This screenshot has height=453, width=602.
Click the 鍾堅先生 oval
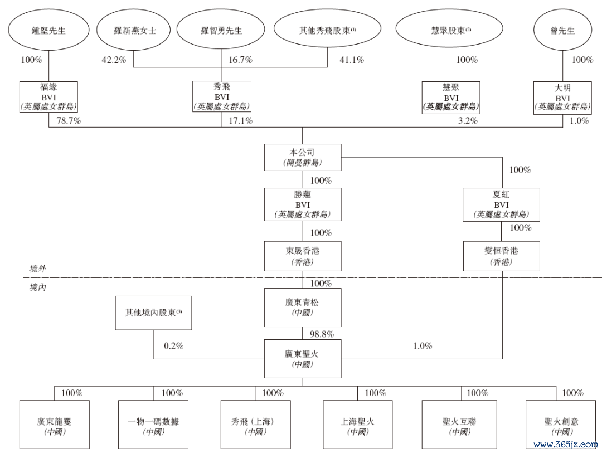coord(49,31)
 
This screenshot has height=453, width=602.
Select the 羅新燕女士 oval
coord(133,31)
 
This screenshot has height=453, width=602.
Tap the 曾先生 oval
coord(562,31)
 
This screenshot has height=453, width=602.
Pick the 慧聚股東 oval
coord(451,31)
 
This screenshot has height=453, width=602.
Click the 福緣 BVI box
coord(49,97)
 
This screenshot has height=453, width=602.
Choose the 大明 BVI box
coord(562,97)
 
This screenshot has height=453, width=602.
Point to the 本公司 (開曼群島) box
coord(302,158)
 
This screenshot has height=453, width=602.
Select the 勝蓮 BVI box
coord(302,204)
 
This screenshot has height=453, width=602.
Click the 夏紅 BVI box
coord(502,204)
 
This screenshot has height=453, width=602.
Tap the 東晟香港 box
coord(302,256)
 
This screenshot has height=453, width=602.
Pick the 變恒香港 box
coord(502,256)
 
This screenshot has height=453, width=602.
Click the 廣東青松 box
coord(302,308)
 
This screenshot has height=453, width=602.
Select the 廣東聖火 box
coord(302,358)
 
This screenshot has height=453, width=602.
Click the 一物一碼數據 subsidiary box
coord(153,426)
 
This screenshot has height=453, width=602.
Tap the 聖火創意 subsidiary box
coord(561,426)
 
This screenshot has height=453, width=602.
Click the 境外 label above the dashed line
coord(38,269)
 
